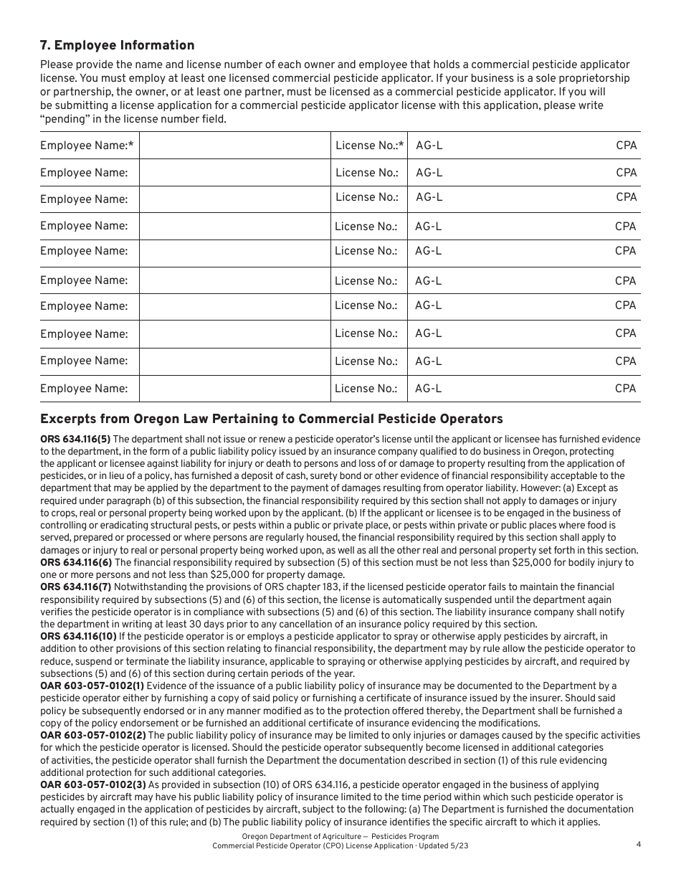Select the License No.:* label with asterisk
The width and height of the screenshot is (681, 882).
point(369,146)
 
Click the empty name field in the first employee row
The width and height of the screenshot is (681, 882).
point(234,146)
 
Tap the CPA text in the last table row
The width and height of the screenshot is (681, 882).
point(625,389)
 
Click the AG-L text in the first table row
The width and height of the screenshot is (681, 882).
point(429,146)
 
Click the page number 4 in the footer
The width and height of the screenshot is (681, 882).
point(638,844)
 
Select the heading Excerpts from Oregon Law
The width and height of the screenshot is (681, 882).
point(271,419)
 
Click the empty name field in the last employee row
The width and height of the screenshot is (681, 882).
point(234,389)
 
